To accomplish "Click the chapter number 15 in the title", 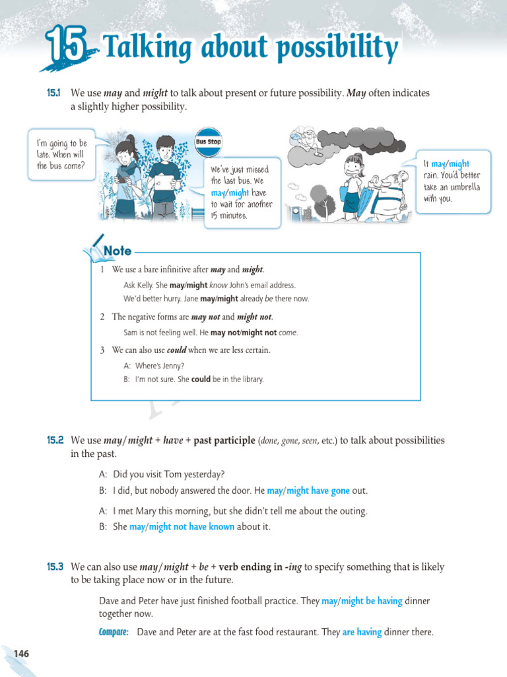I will (x=66, y=48).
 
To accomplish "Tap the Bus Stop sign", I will (x=209, y=141).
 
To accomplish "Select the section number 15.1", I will (x=54, y=94).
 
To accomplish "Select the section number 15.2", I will (x=55, y=440).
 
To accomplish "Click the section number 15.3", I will (x=55, y=567).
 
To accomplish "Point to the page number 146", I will (x=21, y=654).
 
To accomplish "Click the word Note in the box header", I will (x=118, y=251).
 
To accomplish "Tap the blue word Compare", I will (x=114, y=632).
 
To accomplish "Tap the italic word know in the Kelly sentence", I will (x=218, y=285).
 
